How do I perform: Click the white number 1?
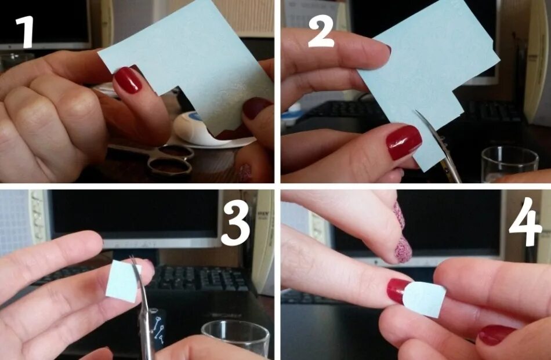(x=25, y=32)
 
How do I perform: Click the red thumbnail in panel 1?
(x=128, y=80)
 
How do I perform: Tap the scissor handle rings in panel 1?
(x=170, y=160)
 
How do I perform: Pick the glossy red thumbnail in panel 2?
(x=404, y=142)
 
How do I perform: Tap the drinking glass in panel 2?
(x=509, y=163)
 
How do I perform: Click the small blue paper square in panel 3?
(x=122, y=281)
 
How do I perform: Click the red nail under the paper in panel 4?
(x=399, y=290)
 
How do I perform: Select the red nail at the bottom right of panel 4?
(x=495, y=334)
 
